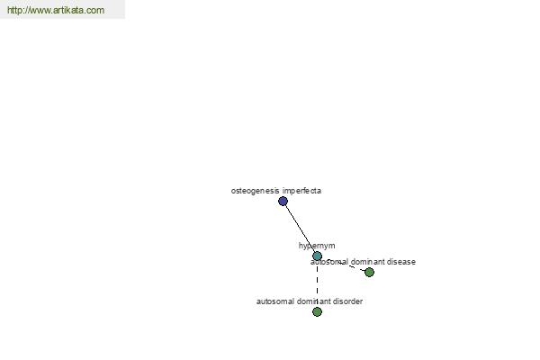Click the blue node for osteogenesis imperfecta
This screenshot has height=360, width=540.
(x=283, y=201)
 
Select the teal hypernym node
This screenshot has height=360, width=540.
(x=317, y=256)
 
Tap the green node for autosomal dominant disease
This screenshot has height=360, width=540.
(x=369, y=272)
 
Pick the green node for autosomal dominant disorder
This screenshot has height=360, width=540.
(x=317, y=311)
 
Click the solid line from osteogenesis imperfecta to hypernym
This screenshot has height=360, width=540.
(x=300, y=229)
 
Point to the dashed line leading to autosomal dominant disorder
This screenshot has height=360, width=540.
(x=317, y=283)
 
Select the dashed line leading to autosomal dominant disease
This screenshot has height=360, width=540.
(x=344, y=264)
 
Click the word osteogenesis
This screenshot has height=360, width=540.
(x=255, y=191)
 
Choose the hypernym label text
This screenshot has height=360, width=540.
(x=317, y=246)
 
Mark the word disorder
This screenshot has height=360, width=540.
(x=348, y=301)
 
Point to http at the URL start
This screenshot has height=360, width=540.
(x=13, y=10)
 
